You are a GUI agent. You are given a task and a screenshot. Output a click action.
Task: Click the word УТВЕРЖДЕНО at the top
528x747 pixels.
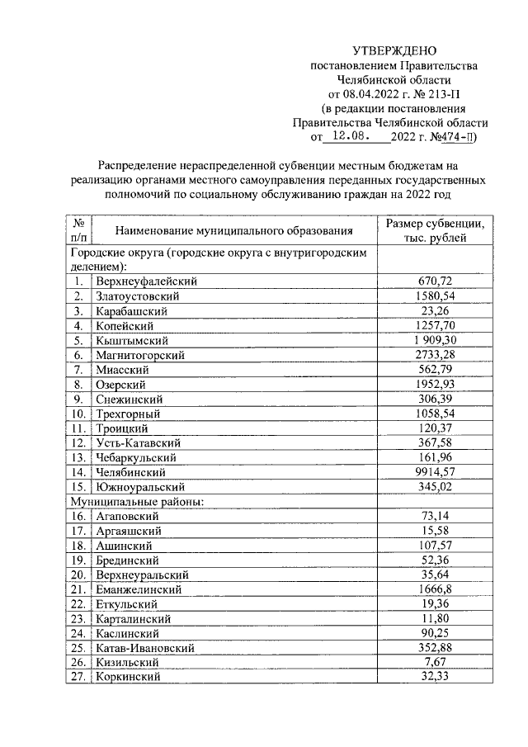[394, 51]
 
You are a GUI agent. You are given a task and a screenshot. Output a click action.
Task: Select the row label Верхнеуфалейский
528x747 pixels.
[146, 281]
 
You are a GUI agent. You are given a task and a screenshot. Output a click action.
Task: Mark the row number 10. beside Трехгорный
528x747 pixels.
[78, 414]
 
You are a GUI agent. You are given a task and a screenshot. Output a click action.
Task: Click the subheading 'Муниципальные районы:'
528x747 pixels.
[136, 501]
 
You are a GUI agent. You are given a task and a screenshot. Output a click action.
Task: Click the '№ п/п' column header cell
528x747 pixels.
[79, 231]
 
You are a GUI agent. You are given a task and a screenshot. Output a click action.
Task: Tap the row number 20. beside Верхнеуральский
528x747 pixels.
[78, 574]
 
